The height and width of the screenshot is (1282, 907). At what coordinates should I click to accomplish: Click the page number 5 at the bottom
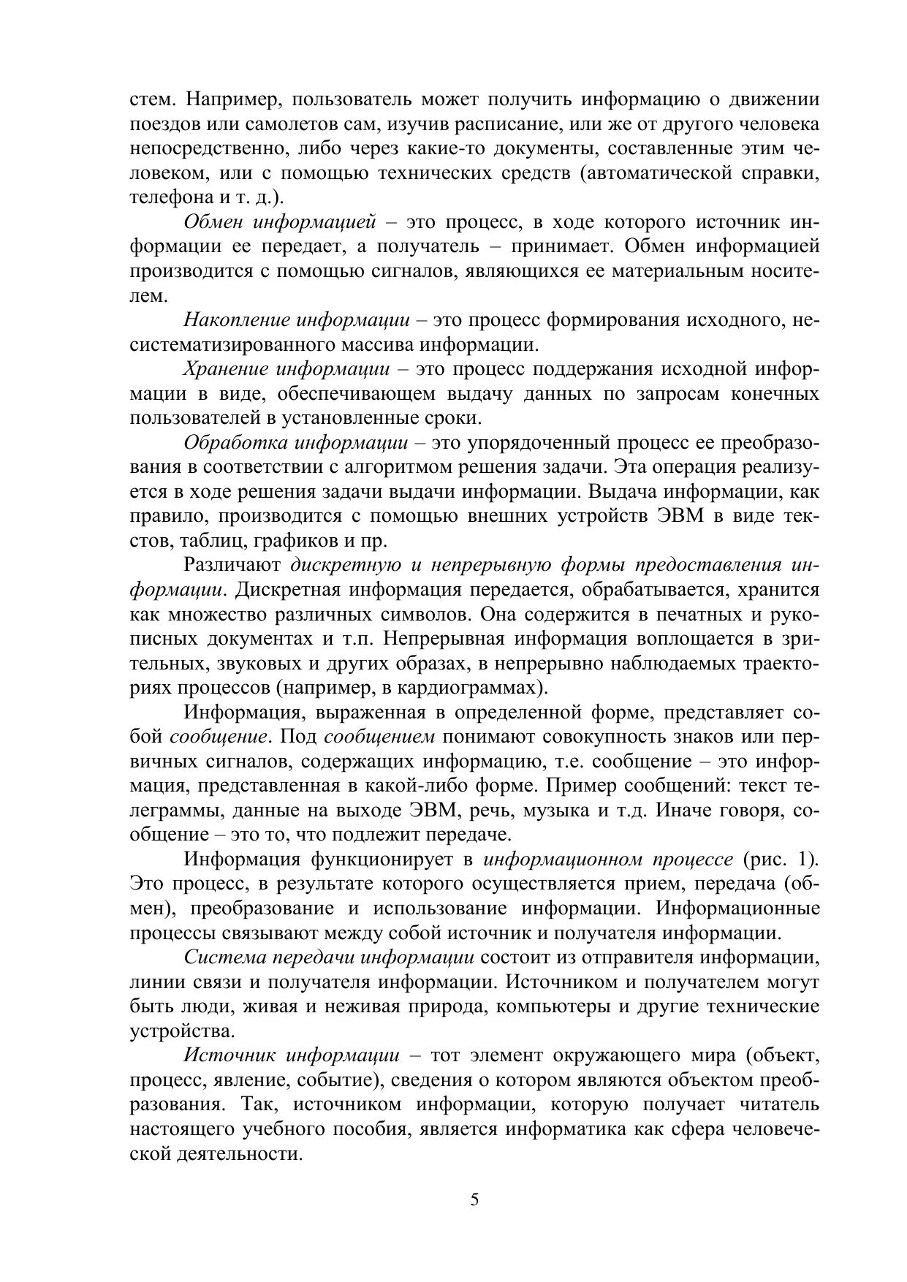(x=474, y=1200)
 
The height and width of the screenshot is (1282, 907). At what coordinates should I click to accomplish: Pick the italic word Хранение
(x=225, y=369)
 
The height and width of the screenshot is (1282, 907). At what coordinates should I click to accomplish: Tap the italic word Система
(x=221, y=957)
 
